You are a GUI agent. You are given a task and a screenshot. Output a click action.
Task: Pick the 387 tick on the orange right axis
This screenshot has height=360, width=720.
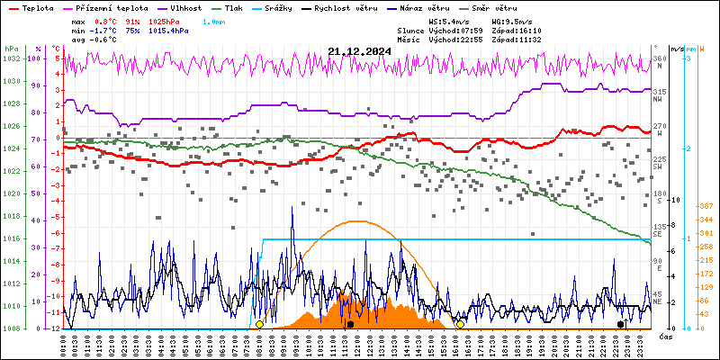pyautogui.click(x=706, y=207)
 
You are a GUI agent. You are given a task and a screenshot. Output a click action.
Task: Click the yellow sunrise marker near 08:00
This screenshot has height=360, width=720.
pyautogui.click(x=260, y=324)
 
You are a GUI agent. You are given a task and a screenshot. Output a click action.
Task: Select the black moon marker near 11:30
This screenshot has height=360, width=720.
pyautogui.click(x=350, y=324)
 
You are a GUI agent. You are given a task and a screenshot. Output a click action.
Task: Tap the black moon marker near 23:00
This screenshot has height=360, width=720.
pyautogui.click(x=620, y=324)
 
